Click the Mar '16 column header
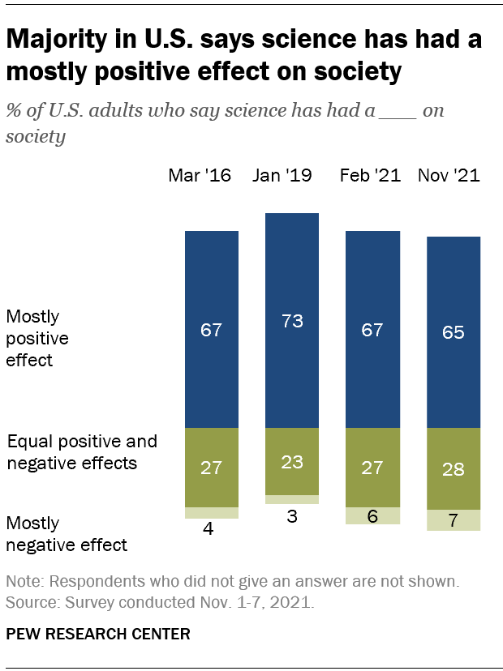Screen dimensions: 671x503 pos(199,176)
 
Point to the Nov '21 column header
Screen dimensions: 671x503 pos(448,176)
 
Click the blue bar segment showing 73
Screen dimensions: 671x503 pos(292,320)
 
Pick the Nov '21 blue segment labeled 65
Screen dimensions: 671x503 pos(454,332)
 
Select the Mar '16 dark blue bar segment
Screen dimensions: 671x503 pos(212,329)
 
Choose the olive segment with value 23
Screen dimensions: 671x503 pos(292,461)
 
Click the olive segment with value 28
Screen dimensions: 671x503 pos(454,468)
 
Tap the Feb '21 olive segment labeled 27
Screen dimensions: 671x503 pos(373,467)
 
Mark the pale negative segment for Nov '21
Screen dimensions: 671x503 pos(454,520)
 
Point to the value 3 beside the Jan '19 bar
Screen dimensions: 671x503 pos(292,516)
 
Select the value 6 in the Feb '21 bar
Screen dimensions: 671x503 pos(373,516)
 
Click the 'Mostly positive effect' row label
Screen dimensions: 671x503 pos(37,338)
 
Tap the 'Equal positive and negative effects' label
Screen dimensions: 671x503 pos(81,453)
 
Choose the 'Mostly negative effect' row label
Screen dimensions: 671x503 pos(67,534)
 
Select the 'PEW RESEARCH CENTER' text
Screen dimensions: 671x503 pos(98,634)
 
